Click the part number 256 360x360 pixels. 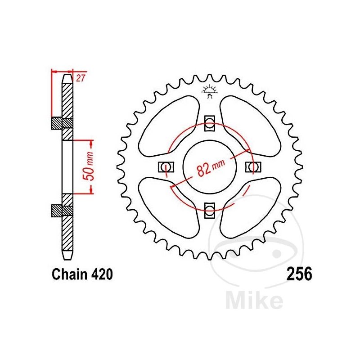coord(298,274)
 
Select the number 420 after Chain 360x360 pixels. coord(98,274)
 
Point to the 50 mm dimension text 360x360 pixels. coord(90,167)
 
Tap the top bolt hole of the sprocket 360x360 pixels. coord(209,123)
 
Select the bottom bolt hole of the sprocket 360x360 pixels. coord(209,208)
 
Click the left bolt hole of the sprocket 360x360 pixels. coord(166,166)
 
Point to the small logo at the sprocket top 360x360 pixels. coord(209,90)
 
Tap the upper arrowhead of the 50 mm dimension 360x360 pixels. coord(92,143)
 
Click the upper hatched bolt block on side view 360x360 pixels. coord(62,122)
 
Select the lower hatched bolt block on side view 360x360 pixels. coord(62,210)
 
